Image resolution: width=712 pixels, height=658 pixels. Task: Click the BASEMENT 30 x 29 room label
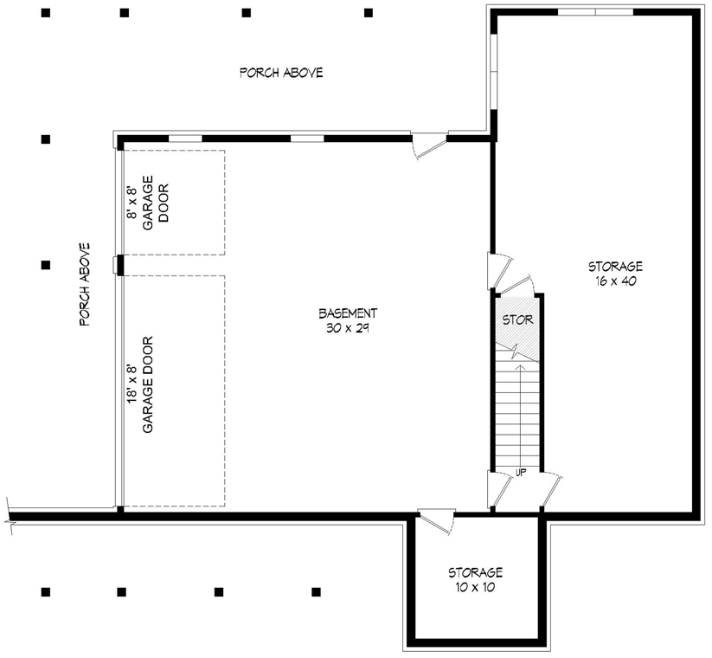(347, 320)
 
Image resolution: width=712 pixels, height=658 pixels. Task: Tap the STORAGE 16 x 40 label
(615, 274)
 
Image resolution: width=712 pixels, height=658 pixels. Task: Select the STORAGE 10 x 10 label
(475, 580)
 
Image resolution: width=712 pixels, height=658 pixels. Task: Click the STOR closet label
(517, 319)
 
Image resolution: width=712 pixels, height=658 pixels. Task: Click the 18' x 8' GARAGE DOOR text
(141, 385)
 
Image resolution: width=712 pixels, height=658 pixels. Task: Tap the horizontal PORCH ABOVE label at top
(281, 73)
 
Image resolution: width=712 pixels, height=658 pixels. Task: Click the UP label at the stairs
(521, 472)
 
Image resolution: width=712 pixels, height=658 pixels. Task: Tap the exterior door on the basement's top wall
(429, 145)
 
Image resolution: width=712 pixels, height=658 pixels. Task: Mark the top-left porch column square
(46, 13)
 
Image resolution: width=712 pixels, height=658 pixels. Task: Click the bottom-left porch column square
(45, 592)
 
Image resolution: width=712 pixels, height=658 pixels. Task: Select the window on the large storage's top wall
(594, 12)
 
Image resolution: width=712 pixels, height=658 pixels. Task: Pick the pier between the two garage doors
(119, 265)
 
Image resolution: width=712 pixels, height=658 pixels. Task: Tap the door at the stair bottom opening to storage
(550, 488)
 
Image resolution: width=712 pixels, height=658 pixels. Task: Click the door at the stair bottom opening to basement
(498, 489)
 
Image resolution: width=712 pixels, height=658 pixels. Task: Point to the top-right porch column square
(369, 13)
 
